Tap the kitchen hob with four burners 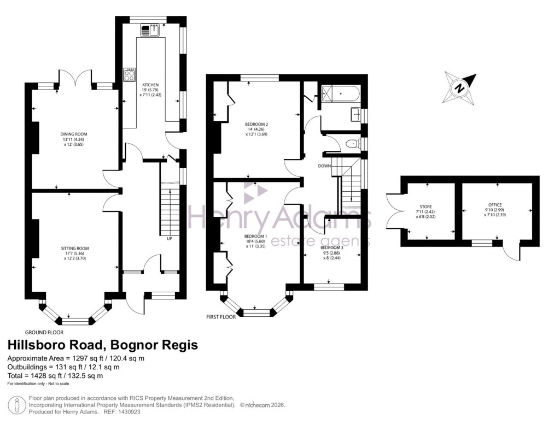(130, 74)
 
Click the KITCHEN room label (150, 85)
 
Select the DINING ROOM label (74, 134)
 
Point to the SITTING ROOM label (75, 248)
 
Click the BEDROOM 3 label (332, 247)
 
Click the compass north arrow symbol (459, 87)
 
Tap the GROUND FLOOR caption (44, 332)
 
